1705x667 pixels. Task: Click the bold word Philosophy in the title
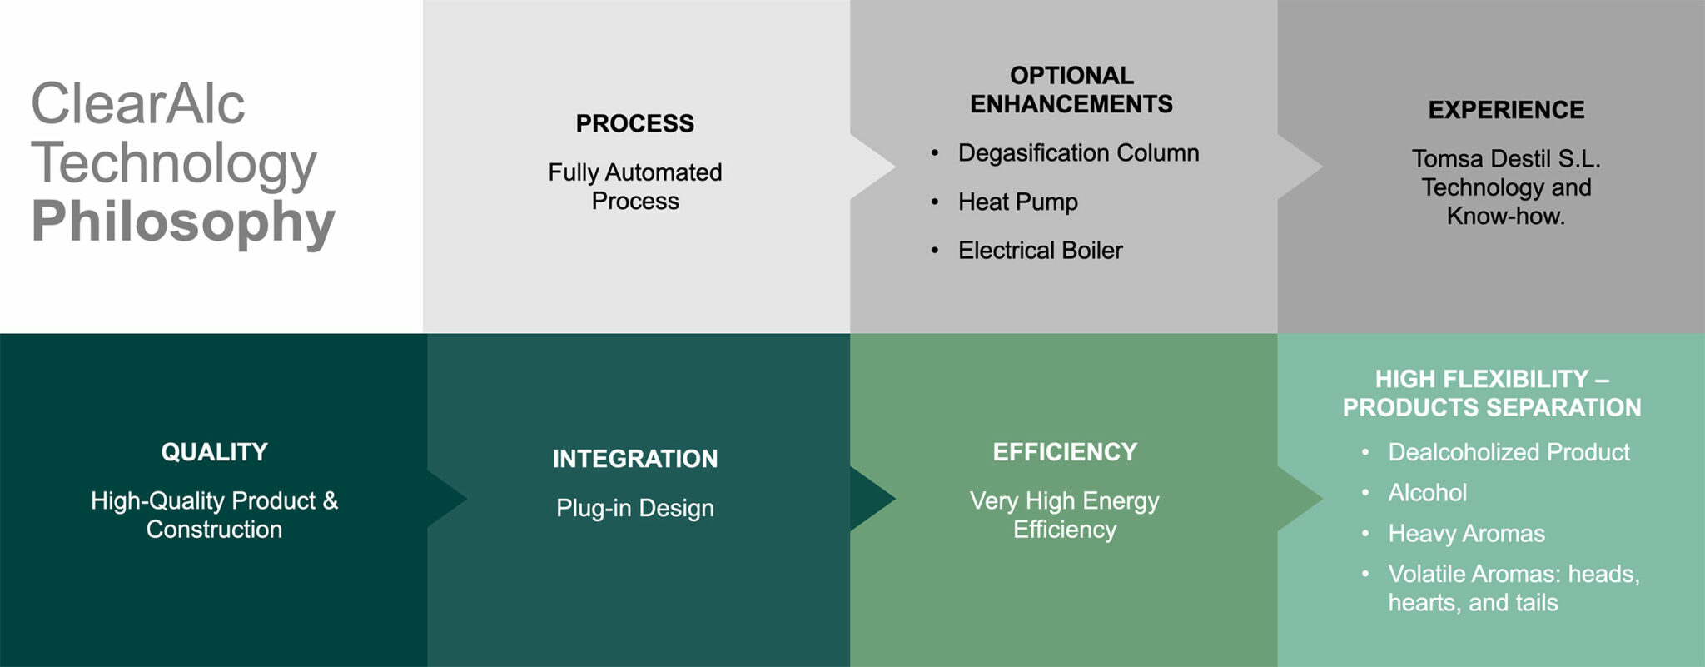pos(183,222)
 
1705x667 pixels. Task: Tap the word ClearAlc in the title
pos(138,104)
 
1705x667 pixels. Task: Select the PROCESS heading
pos(634,123)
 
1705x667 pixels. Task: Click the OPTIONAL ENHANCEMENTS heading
pos(1071,90)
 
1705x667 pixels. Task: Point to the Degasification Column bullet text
pos(1078,153)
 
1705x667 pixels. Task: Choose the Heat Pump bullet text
pos(1017,202)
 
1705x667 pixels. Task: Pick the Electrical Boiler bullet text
pos(1040,250)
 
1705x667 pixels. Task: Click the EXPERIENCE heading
pos(1506,110)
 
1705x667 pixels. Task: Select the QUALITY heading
pos(214,452)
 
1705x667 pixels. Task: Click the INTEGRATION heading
pos(634,459)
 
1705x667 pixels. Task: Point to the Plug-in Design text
pos(634,508)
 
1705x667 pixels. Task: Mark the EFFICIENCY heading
pos(1065,452)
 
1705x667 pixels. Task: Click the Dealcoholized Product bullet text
pos(1509,452)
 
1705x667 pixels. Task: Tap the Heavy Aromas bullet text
pos(1466,534)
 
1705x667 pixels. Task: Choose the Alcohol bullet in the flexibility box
pos(1427,493)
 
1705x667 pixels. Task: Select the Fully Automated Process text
pos(634,187)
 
